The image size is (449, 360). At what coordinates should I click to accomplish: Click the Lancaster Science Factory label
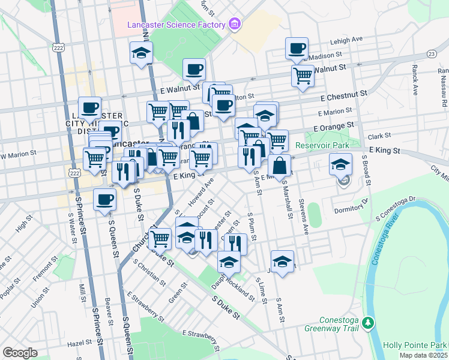point(175,25)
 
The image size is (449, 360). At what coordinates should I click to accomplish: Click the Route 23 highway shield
point(432,54)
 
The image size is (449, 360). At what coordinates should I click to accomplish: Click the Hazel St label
point(80,343)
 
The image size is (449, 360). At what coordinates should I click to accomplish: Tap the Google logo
point(20,353)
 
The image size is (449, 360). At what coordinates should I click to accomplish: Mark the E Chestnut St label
point(343,95)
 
